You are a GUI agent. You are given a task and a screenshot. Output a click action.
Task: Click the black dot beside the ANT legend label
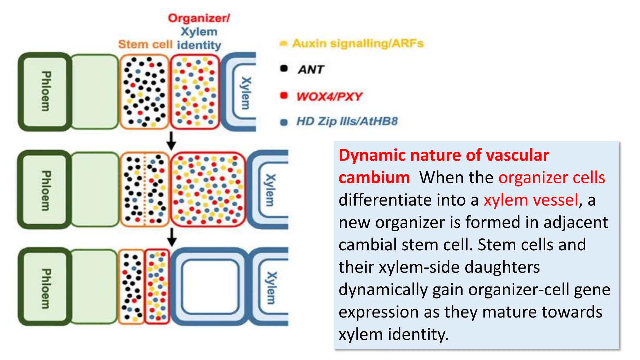(x=284, y=68)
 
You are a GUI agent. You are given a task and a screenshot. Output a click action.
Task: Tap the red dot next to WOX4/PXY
(x=284, y=95)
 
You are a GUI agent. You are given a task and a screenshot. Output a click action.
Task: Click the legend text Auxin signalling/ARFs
(x=358, y=43)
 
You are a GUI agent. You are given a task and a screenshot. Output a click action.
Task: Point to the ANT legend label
(x=311, y=69)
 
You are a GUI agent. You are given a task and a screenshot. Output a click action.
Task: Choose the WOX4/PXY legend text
(x=329, y=96)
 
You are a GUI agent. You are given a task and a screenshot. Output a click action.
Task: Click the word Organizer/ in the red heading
(x=199, y=18)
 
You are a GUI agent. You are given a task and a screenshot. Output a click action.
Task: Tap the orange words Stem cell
(x=145, y=44)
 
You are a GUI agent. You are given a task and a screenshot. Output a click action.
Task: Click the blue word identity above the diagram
(x=199, y=45)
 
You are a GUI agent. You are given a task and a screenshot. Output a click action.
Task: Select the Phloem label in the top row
(x=46, y=91)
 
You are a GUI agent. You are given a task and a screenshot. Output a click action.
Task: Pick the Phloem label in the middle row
(x=46, y=191)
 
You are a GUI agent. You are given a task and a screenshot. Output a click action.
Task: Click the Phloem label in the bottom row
(x=46, y=288)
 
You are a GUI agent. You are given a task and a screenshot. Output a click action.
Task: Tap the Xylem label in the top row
(x=246, y=93)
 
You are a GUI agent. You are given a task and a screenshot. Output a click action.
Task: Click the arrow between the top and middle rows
(x=171, y=141)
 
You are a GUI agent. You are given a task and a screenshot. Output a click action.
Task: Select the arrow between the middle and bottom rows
(x=172, y=237)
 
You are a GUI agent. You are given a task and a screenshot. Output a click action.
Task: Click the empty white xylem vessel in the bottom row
(x=210, y=287)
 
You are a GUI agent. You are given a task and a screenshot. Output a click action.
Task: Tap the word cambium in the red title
(x=374, y=177)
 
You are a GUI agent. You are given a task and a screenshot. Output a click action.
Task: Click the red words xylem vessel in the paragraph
(x=531, y=200)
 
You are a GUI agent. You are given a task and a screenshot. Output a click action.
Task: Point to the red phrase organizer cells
(x=552, y=177)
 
